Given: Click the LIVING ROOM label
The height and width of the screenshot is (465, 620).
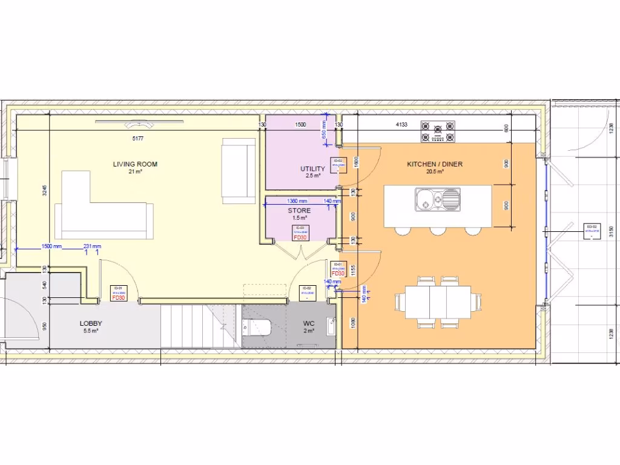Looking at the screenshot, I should click(x=135, y=164).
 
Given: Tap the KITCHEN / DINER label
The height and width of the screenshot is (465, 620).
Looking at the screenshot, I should click(x=435, y=164).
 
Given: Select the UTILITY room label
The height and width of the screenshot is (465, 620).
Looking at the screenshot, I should click(x=312, y=169).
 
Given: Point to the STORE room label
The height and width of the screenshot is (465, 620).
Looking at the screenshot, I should click(x=299, y=211).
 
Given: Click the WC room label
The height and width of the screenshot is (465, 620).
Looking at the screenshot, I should click(x=309, y=324).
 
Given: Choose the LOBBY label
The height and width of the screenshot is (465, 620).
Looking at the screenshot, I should click(x=90, y=324).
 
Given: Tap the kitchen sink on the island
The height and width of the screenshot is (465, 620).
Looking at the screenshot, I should click(x=437, y=199).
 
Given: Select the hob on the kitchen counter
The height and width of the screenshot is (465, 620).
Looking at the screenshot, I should click(x=438, y=132).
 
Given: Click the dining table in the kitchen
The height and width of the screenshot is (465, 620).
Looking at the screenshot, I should click(x=438, y=301).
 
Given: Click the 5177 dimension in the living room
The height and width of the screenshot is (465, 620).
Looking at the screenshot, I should click(x=139, y=139).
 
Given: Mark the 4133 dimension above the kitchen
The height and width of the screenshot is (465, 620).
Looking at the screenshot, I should click(x=401, y=124).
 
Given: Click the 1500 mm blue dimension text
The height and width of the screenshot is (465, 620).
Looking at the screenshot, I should click(x=52, y=246).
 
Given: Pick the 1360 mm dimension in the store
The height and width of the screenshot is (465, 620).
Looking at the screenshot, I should click(x=297, y=201).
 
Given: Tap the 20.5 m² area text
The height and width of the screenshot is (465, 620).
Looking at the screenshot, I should click(x=435, y=172).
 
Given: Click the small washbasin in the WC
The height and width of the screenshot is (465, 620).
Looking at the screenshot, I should click(x=330, y=327).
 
